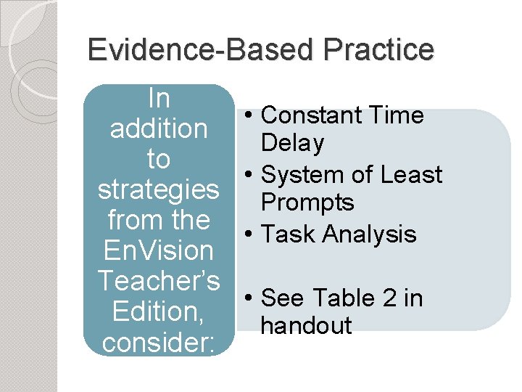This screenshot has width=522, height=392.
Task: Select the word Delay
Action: coord(292,144)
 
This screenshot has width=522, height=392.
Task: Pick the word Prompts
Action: coord(307,203)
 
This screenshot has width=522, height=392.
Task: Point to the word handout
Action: coord(306,326)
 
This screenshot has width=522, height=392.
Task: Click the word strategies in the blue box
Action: coord(158,189)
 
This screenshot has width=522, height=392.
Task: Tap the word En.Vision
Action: coord(158,250)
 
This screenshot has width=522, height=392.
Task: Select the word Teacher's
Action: coord(158,281)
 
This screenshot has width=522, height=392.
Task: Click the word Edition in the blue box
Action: coord(158,311)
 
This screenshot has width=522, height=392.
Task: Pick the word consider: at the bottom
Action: coord(158,342)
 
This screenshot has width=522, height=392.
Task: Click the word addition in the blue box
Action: coord(158,128)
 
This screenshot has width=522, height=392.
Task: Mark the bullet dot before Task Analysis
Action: coord(249,234)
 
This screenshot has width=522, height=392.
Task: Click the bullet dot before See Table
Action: coord(249,298)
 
